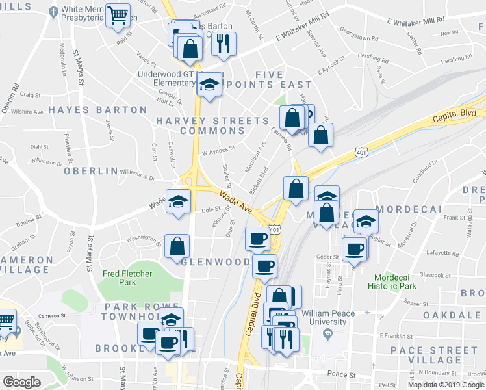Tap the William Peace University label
(329, 317)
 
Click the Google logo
(22, 382)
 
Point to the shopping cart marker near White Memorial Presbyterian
(117, 16)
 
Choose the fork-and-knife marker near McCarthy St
(224, 44)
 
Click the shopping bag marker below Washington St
(177, 246)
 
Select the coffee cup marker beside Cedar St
(355, 248)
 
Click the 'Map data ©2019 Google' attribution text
(446, 385)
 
